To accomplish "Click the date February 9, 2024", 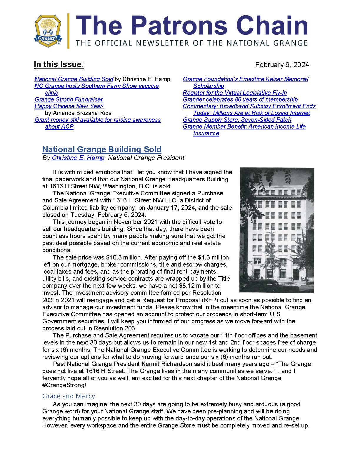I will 282,65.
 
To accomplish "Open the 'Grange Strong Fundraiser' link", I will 69,99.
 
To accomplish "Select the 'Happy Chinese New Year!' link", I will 69,106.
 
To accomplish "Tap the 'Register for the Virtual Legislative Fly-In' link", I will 235,93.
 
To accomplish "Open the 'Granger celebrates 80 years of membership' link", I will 240,99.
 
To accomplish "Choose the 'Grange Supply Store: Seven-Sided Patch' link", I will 237,120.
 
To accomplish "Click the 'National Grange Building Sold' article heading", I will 102,149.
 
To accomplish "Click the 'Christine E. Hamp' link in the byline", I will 78,158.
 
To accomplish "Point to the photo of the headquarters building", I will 277,230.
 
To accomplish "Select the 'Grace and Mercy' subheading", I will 69,396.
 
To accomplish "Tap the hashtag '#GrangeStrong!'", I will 64,385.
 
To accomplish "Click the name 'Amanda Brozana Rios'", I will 78,113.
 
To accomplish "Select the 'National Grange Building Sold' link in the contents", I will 74,79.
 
